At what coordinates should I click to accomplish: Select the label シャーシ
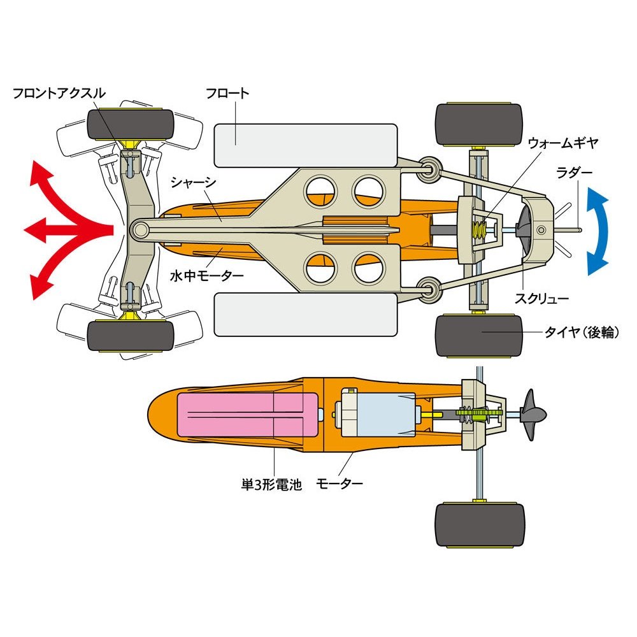(x=193, y=182)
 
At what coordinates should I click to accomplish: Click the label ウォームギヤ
(x=563, y=143)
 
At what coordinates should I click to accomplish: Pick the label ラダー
(x=574, y=172)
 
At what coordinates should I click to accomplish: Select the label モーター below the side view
(x=340, y=483)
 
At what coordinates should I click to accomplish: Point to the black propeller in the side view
(x=531, y=415)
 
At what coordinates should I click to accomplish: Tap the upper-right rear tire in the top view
(x=479, y=124)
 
